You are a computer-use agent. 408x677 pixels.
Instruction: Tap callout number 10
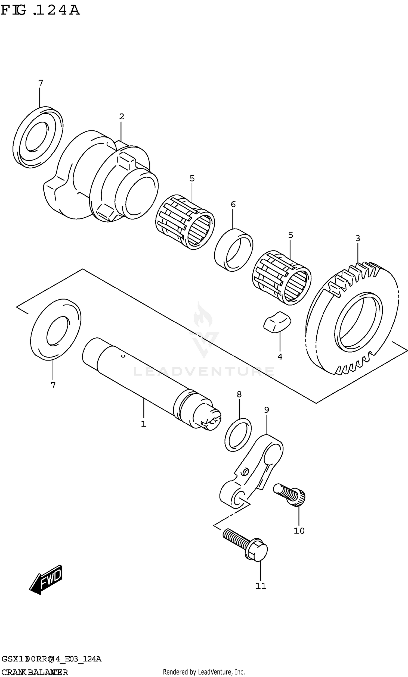click(x=299, y=531)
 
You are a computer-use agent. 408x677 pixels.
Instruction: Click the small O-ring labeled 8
click(x=238, y=435)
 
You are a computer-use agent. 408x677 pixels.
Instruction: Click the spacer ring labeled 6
click(x=234, y=250)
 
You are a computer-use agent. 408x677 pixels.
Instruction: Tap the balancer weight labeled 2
click(x=99, y=178)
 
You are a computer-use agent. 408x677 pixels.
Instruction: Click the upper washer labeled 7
click(x=38, y=137)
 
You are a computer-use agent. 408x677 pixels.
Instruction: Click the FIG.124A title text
click(x=40, y=10)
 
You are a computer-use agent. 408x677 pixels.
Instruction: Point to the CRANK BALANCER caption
click(x=35, y=670)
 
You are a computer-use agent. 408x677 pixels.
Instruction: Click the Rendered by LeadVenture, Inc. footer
click(x=204, y=670)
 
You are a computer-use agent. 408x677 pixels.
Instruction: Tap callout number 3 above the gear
click(x=357, y=238)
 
